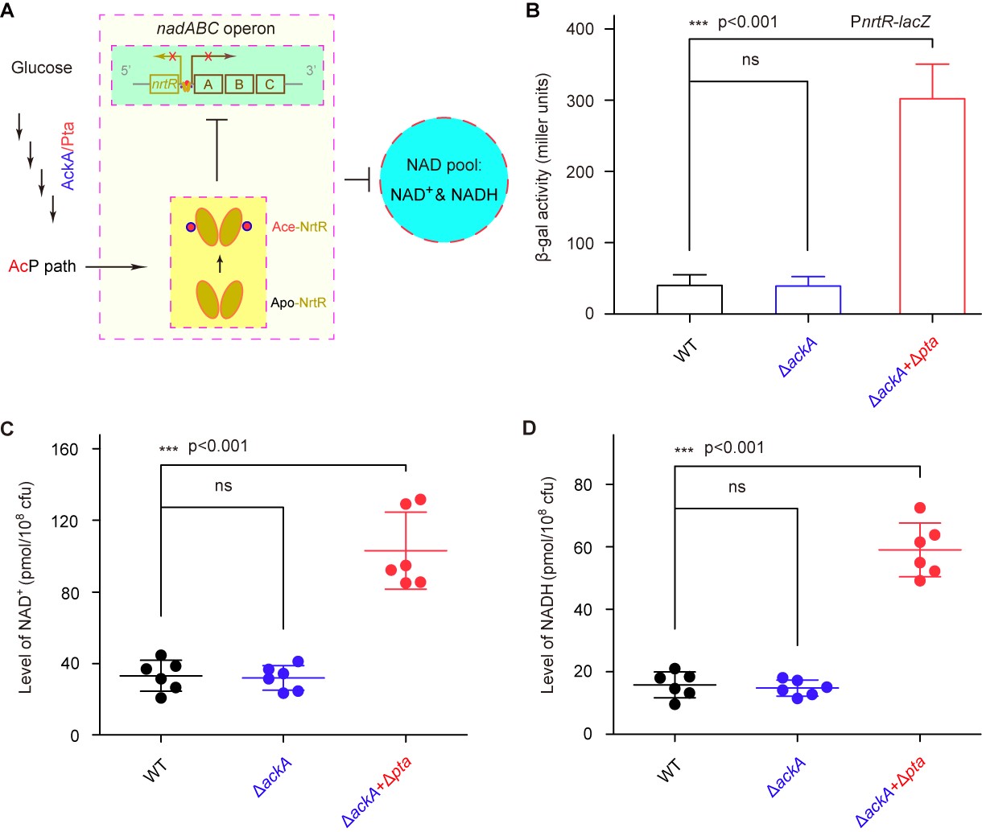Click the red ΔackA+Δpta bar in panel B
point(932,206)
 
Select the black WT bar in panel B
point(689,299)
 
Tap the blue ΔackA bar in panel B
point(807,299)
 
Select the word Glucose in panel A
point(42,68)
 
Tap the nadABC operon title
point(216,29)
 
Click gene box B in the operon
point(239,84)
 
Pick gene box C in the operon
point(270,84)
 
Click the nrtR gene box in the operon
point(164,84)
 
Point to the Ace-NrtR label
point(299,227)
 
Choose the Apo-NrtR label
point(298,303)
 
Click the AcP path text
point(42,266)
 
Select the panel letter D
point(529,427)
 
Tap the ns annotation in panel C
point(223,486)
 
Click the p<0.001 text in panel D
point(734,447)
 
